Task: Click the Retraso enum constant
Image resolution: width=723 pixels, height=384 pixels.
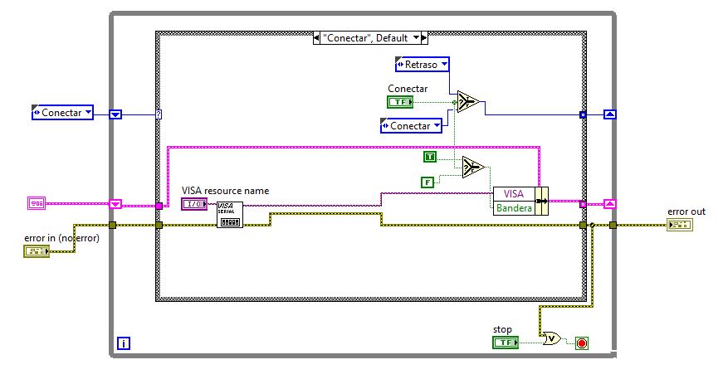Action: [422, 65]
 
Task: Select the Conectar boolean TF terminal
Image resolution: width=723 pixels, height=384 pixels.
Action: [400, 102]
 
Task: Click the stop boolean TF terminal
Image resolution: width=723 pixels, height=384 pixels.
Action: [506, 343]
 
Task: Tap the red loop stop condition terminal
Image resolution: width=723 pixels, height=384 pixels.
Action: [582, 343]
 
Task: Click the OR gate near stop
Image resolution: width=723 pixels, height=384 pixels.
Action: [551, 339]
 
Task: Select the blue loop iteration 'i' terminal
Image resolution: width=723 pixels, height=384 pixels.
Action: [123, 343]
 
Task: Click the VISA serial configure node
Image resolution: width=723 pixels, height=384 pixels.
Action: [230, 215]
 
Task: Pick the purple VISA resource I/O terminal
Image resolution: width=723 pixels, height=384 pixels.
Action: [194, 203]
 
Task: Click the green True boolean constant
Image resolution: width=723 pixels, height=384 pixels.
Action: [430, 157]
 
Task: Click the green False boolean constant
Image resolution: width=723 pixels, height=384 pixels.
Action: [427, 182]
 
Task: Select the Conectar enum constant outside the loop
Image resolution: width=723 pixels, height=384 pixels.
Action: [62, 112]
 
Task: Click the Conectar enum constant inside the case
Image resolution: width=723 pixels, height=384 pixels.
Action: [411, 126]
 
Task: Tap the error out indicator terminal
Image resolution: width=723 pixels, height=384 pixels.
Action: [680, 225]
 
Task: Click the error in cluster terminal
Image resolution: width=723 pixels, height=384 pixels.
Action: [37, 251]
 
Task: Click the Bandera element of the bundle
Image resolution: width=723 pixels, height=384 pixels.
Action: [514, 208]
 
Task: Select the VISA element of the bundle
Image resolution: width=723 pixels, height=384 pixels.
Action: [514, 194]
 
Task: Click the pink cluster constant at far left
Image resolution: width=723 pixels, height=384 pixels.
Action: [37, 203]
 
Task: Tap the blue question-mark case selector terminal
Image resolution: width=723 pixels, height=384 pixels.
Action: [159, 114]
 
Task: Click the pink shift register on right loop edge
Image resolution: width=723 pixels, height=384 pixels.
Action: [610, 203]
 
